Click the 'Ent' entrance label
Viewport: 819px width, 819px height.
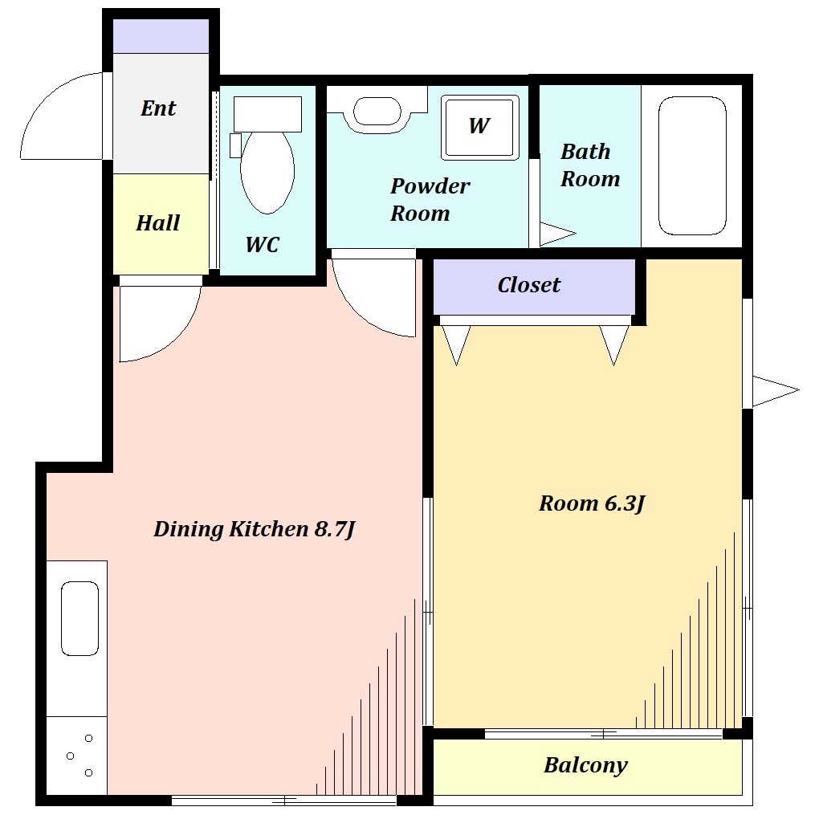(x=158, y=108)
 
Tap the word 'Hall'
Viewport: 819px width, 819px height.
(x=157, y=223)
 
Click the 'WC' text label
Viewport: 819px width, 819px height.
(x=263, y=244)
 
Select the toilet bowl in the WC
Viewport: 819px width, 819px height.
(x=267, y=171)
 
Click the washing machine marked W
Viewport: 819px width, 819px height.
(x=480, y=127)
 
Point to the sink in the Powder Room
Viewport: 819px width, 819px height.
(x=377, y=112)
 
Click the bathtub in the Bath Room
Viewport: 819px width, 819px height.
(x=692, y=165)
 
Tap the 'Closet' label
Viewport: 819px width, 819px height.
(x=528, y=285)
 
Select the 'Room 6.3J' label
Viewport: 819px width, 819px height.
(x=592, y=503)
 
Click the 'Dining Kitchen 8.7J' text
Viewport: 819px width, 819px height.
(x=255, y=529)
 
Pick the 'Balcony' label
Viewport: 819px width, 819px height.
(x=585, y=765)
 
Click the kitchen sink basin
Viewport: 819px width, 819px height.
(x=80, y=618)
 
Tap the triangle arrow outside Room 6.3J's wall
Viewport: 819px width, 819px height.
(x=776, y=390)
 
